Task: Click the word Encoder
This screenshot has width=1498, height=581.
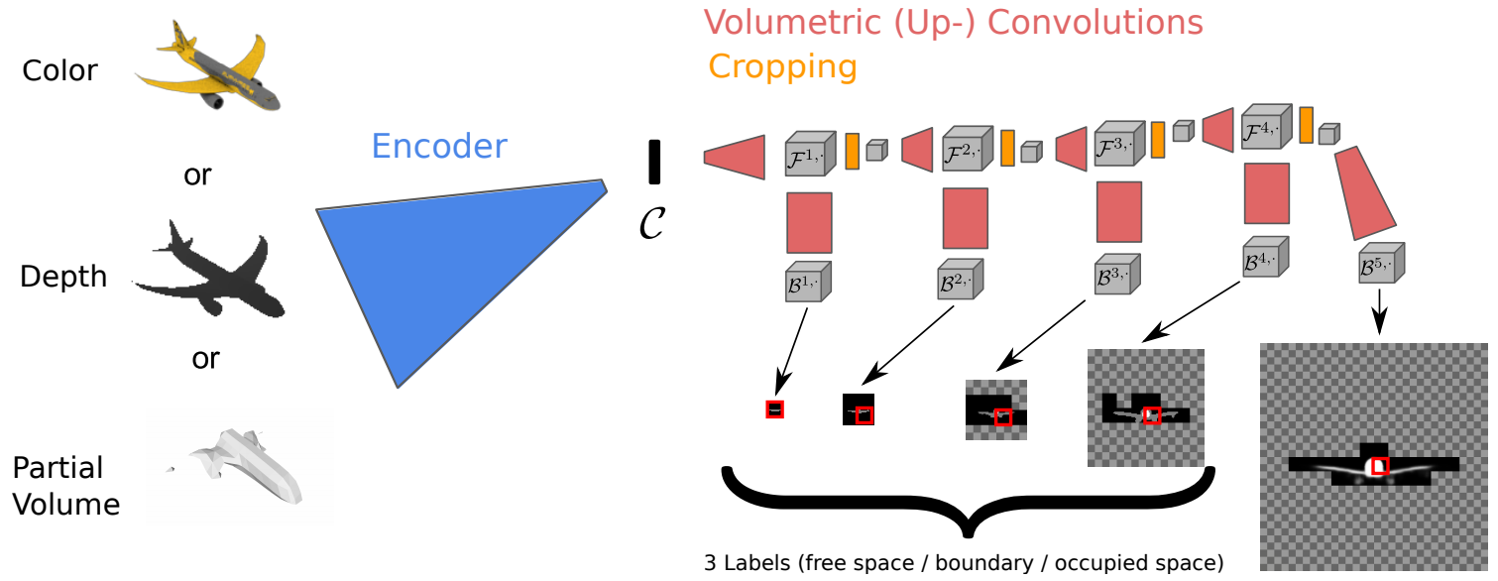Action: pyautogui.click(x=438, y=147)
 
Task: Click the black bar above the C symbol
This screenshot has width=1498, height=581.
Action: pyautogui.click(x=654, y=162)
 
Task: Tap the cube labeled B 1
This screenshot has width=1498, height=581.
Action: pyautogui.click(x=807, y=284)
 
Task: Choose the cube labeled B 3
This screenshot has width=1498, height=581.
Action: pyautogui.click(x=1116, y=276)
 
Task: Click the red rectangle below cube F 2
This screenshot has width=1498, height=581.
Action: pyautogui.click(x=965, y=218)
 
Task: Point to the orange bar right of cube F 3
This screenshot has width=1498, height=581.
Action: pyautogui.click(x=1157, y=140)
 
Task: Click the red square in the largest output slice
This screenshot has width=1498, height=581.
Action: pyautogui.click(x=1379, y=465)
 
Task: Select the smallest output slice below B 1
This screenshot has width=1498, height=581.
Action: pyautogui.click(x=775, y=409)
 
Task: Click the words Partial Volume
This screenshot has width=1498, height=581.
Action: pyautogui.click(x=65, y=486)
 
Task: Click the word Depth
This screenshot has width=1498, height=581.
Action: pyautogui.click(x=63, y=277)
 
